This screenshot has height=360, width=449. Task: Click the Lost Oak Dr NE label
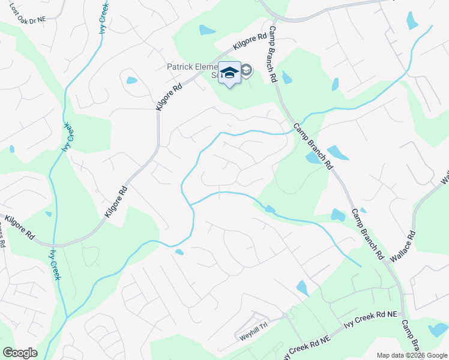click(23, 19)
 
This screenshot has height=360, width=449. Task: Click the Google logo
click(20, 352)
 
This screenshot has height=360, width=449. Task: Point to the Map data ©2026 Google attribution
click(412, 355)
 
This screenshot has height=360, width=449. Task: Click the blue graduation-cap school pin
click(229, 73)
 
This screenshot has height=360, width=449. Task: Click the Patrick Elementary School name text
click(192, 70)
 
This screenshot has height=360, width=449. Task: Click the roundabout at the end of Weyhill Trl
click(285, 316)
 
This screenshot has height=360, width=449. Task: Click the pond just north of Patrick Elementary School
click(207, 29)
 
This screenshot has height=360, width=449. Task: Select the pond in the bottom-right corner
click(438, 329)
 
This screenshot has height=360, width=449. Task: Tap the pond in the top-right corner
click(412, 20)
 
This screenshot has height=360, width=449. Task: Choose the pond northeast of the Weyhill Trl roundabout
click(302, 288)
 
